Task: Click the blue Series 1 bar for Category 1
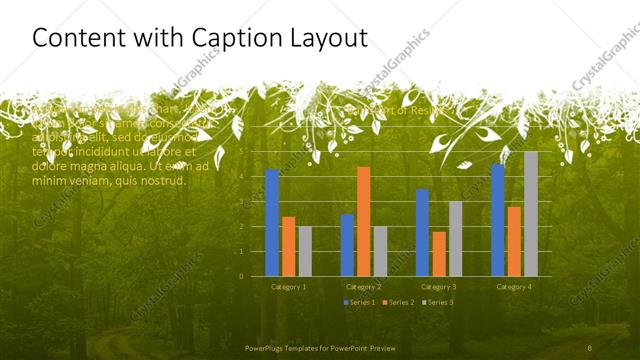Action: (x=272, y=223)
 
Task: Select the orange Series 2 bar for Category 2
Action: (x=363, y=221)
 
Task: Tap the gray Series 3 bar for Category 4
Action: (x=530, y=214)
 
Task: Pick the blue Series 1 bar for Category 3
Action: (x=422, y=232)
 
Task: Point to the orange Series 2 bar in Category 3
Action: (x=439, y=254)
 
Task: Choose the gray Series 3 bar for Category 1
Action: (x=305, y=251)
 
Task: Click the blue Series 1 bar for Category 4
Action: (x=498, y=220)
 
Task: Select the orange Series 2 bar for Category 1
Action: (x=288, y=246)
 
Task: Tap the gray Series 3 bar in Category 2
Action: (x=380, y=251)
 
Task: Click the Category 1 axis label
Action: (x=288, y=287)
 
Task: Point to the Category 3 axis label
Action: (x=439, y=287)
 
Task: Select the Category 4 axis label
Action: (x=514, y=287)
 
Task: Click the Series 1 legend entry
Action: (x=360, y=302)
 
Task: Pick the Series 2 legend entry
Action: (x=398, y=302)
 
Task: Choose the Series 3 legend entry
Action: (x=437, y=302)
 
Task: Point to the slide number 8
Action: (x=589, y=348)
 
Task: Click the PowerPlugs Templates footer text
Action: (x=320, y=348)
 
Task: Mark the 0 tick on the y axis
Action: (x=241, y=276)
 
